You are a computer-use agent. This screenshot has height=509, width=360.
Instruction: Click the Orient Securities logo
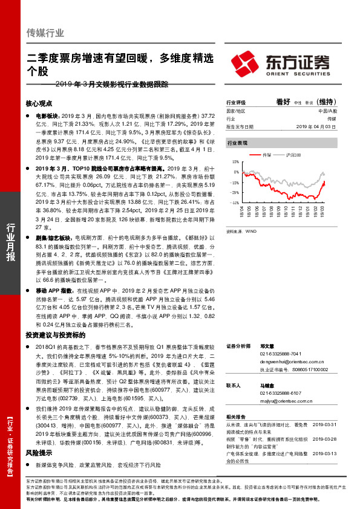[x=282, y=62]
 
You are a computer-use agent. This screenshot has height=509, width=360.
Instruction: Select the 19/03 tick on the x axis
[x=325, y=212]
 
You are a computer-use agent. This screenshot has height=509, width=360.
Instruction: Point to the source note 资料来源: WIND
[x=241, y=230]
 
